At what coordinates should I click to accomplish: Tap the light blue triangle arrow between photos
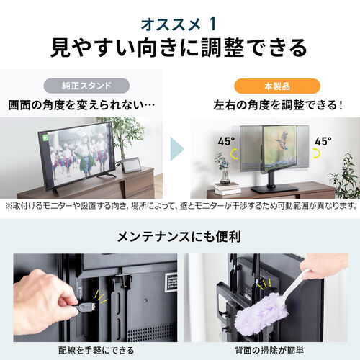pos(178,153)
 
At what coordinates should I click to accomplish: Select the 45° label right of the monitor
pos(323,141)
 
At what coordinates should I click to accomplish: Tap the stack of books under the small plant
pos(226,189)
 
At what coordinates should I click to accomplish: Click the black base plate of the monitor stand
pos(276,189)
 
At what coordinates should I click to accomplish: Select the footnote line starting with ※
pos(179,206)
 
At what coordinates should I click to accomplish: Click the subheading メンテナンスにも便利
pos(179,236)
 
